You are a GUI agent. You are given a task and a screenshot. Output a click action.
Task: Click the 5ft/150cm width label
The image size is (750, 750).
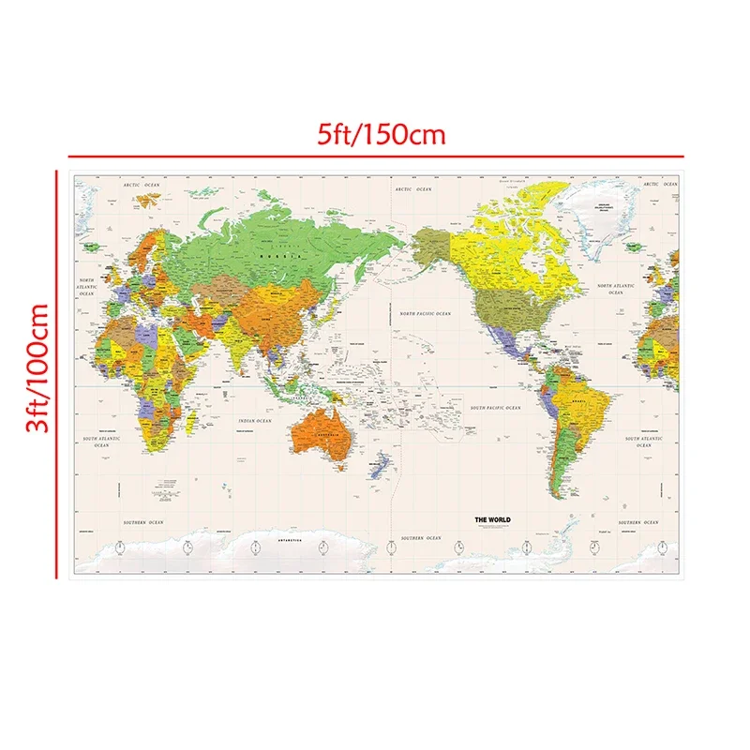[x=380, y=133]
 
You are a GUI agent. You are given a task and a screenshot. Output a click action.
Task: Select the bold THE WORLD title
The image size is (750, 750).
[x=492, y=519]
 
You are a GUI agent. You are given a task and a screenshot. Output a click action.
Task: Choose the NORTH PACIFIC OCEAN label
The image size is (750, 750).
[x=426, y=314]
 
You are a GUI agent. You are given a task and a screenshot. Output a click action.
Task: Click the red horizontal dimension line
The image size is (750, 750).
[x=375, y=156]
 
